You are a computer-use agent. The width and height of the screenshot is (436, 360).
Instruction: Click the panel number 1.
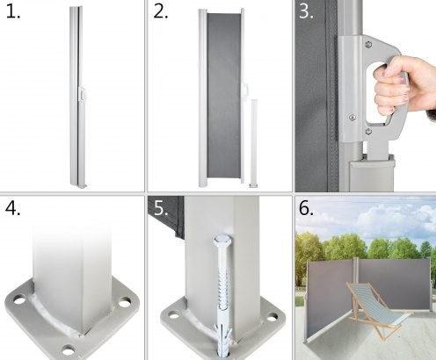point(13,11)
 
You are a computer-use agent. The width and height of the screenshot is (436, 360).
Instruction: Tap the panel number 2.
point(161,11)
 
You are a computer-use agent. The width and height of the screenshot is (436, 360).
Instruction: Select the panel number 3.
point(306,11)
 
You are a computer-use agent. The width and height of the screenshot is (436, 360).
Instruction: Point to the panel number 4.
point(13,208)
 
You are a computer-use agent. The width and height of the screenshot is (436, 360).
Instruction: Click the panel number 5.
point(161,208)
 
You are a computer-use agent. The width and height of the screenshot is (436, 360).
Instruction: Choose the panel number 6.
point(306,208)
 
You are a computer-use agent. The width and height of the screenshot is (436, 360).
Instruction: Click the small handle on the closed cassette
point(82,94)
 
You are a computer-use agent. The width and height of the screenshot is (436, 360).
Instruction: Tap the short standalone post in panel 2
point(254,143)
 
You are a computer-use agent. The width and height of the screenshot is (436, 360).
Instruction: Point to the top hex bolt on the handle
point(368,45)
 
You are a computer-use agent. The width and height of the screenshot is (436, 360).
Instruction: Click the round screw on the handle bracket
point(352,118)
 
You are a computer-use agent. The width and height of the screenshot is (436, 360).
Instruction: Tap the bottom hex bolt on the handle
point(369,132)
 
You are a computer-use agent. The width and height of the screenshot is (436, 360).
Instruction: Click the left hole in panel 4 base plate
point(18,300)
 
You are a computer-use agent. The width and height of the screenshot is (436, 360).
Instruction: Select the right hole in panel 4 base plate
point(125,302)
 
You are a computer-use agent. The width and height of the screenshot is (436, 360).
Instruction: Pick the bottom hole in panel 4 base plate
point(69,349)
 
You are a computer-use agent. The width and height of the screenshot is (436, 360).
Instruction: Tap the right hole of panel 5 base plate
point(272,317)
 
